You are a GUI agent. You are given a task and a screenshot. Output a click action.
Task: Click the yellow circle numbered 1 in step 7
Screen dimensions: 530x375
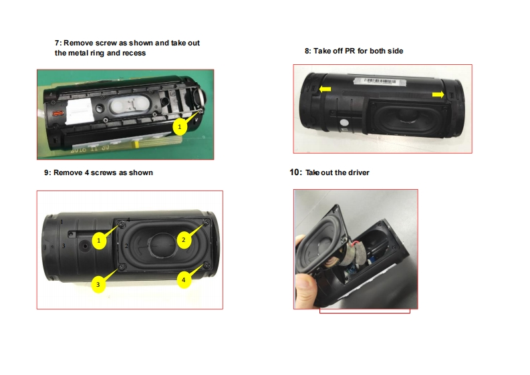(180, 127)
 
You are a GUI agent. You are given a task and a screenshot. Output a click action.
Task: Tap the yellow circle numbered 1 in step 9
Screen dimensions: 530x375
(99, 241)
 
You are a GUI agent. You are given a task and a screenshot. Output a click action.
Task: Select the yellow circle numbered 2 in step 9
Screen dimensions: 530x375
(184, 240)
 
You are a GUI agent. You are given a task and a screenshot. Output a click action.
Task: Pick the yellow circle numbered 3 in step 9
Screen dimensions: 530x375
(98, 284)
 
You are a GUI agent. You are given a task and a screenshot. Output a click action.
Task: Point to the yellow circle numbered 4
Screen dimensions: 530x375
(184, 280)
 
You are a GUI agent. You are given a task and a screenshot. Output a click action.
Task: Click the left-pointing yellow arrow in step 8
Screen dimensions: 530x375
(325, 90)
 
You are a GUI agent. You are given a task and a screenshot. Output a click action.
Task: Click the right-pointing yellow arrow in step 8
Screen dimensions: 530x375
(438, 94)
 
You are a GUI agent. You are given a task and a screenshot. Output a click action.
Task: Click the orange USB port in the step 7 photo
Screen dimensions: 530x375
(57, 113)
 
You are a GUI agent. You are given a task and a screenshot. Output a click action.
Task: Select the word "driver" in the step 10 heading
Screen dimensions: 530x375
(359, 172)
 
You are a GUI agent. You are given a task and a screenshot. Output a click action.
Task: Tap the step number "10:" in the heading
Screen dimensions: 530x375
(296, 172)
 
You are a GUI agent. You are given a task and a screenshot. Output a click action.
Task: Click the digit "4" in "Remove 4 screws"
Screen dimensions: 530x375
(87, 172)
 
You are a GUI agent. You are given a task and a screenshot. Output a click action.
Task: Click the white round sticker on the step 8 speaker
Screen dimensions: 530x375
(344, 122)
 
